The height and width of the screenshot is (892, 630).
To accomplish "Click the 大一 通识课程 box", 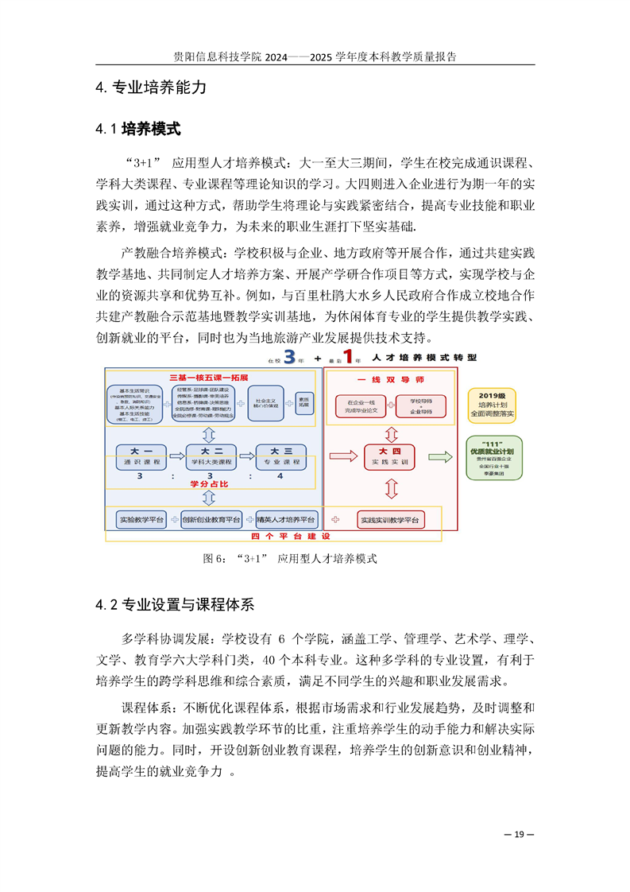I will [x=141, y=456].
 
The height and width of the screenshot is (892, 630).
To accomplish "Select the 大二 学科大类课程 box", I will [x=211, y=456].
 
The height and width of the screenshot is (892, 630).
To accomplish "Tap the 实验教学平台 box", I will [x=141, y=519].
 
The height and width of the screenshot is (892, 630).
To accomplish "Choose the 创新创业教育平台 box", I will [x=211, y=519].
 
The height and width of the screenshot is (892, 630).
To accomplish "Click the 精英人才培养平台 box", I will [x=286, y=519].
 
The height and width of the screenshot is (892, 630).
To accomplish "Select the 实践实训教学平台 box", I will [x=389, y=519].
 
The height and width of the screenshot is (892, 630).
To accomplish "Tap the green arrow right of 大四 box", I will [x=439, y=456].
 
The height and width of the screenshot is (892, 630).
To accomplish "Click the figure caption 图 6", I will [x=289, y=558].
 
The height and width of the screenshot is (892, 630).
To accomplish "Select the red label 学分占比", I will [x=208, y=483].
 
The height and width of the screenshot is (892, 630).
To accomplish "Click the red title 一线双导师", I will [x=388, y=378].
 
